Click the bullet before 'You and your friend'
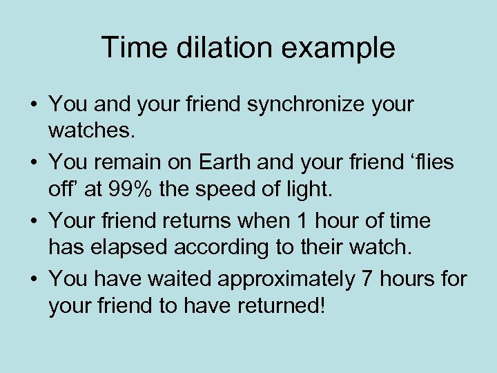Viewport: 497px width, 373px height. pyautogui.click(x=33, y=106)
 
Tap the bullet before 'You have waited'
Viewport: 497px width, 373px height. pyautogui.click(x=33, y=280)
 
